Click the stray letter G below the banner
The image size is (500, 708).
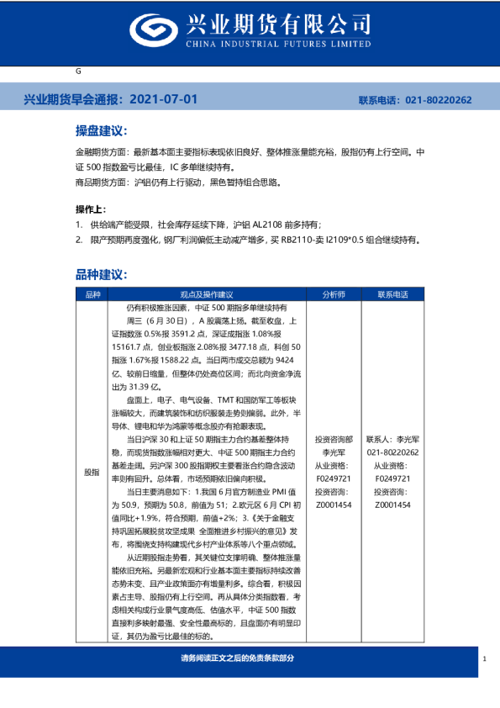point(78,71)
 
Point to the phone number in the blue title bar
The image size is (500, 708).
point(439,100)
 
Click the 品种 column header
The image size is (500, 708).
point(92,294)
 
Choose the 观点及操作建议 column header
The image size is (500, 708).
point(207,294)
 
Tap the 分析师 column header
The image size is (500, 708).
point(333,294)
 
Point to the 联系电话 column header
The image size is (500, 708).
point(393,294)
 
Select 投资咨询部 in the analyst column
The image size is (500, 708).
point(333,440)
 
